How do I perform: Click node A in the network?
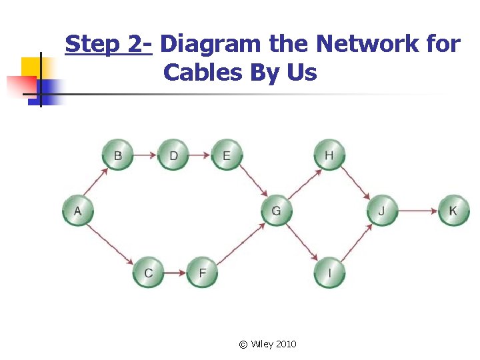[x=78, y=211]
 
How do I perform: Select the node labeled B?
[x=118, y=155]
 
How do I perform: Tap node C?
[x=148, y=272]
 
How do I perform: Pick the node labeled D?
[x=173, y=155]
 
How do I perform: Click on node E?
[x=227, y=155]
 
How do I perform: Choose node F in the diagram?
[x=202, y=272]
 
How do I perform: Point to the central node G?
[x=276, y=211]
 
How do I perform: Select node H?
[x=329, y=155]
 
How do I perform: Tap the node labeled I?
[x=329, y=272]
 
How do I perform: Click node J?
[x=382, y=211]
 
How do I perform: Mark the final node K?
[x=453, y=211]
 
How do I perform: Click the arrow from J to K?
[x=418, y=211]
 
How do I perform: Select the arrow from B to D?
[x=145, y=155]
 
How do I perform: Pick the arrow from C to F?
[x=175, y=272]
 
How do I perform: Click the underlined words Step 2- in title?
[x=109, y=45]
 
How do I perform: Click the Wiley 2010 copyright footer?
[x=268, y=344]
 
